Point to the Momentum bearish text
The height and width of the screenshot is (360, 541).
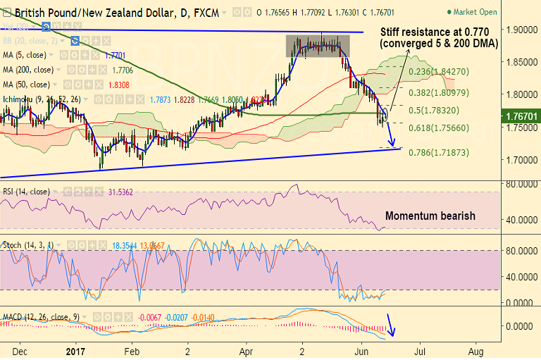[430, 216]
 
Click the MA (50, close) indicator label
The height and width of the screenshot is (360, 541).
[26, 85]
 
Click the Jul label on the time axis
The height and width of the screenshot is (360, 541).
[419, 349]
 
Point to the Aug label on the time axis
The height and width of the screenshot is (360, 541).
[478, 349]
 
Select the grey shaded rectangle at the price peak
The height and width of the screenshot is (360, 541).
[318, 46]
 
